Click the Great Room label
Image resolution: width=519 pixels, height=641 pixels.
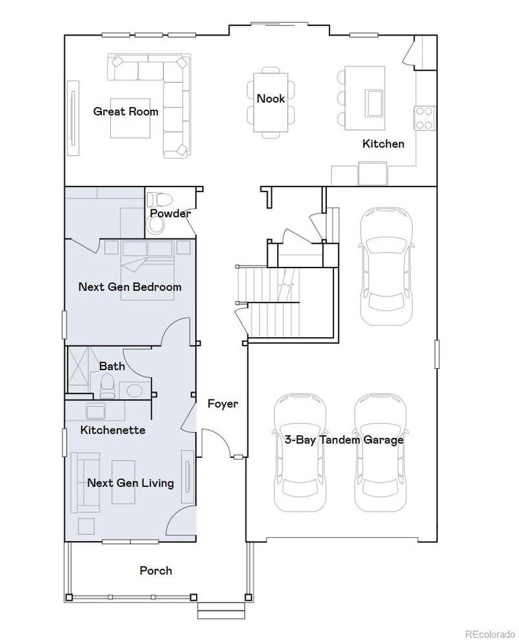(x=125, y=111)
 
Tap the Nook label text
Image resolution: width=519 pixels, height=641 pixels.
(x=271, y=99)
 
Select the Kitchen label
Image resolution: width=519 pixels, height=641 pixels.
(x=383, y=144)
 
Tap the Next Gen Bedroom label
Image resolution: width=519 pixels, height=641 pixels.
(x=129, y=286)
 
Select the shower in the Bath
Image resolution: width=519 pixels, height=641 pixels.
(x=82, y=371)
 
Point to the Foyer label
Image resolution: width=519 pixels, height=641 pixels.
(x=223, y=404)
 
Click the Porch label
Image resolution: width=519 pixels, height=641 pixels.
(x=156, y=570)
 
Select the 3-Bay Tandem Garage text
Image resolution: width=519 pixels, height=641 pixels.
(x=344, y=440)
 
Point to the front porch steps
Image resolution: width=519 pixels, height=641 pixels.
(x=221, y=611)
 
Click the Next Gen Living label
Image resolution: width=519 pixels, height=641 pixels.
(x=130, y=483)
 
